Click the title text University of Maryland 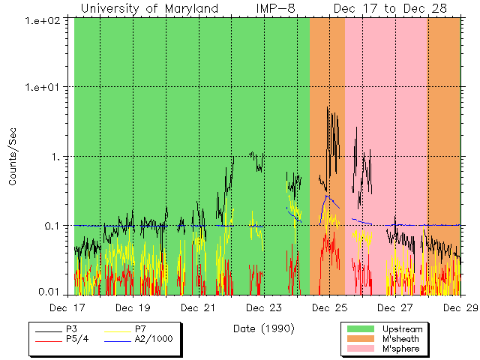149,9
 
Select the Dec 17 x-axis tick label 74,307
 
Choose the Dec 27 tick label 394,307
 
